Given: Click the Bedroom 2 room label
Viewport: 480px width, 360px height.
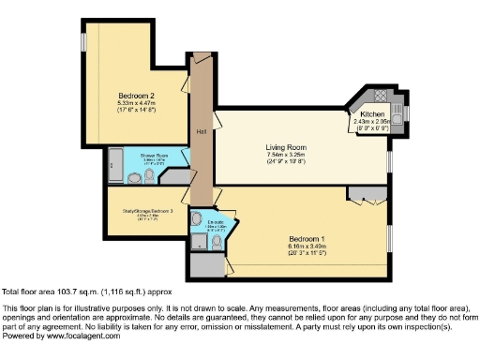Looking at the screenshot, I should tap(135, 95).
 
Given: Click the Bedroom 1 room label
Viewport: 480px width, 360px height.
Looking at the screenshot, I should tap(308, 238).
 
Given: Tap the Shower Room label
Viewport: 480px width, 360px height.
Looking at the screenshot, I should tap(154, 155).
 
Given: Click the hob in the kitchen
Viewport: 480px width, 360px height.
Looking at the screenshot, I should tap(383, 96).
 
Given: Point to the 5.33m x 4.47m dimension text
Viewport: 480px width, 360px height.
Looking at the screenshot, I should tap(135, 103).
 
